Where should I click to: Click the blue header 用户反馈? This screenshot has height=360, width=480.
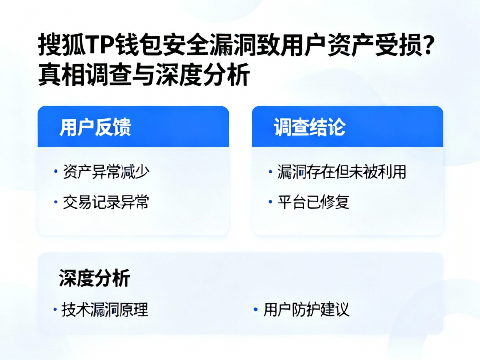pyautogui.click(x=95, y=127)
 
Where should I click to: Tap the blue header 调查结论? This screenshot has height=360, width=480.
pyautogui.click(x=310, y=127)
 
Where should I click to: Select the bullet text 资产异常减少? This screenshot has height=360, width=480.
pyautogui.click(x=106, y=172)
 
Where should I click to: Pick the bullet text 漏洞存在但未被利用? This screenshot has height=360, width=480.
pyautogui.click(x=342, y=172)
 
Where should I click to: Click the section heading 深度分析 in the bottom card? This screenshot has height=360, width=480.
pyautogui.click(x=95, y=278)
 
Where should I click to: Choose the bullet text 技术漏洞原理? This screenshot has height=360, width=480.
pyautogui.click(x=105, y=310)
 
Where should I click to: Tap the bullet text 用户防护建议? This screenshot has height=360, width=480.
pyautogui.click(x=306, y=310)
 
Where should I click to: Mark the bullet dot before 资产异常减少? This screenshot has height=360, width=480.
pyautogui.click(x=55, y=172)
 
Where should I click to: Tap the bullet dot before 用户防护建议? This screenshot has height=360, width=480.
pyautogui.click(x=255, y=310)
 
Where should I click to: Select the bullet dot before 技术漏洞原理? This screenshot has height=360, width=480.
pyautogui.click(x=55, y=310)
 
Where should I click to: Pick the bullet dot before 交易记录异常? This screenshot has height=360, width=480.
pyautogui.click(x=55, y=202)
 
